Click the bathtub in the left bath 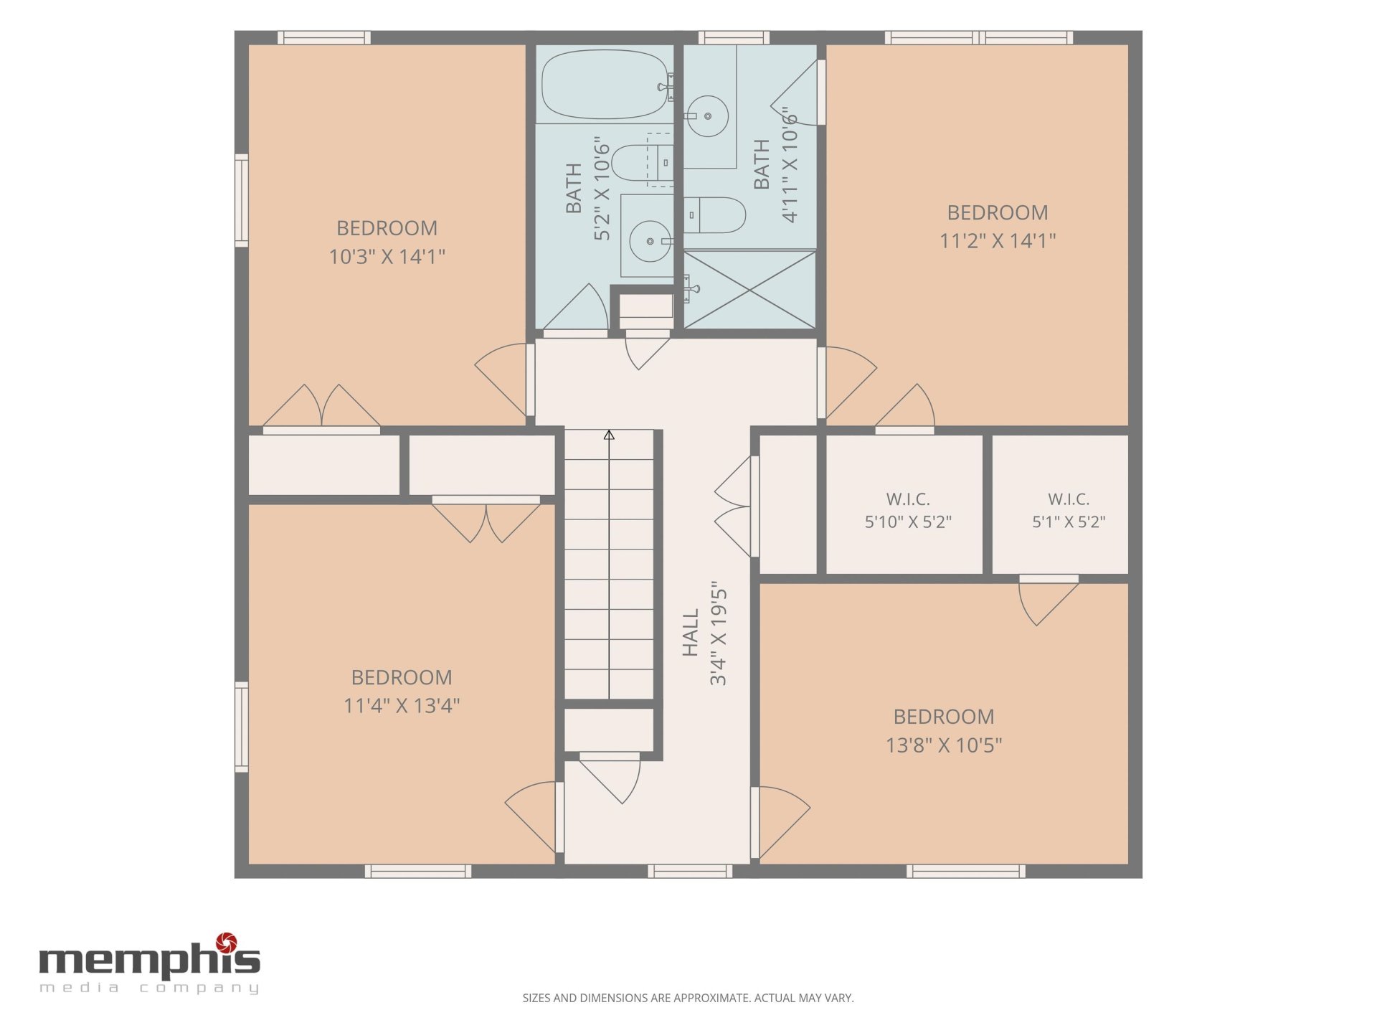605,84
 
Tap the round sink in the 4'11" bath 708,115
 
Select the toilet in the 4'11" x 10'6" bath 715,215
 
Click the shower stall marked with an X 749,290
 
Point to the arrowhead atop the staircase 609,435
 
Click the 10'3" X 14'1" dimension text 387,256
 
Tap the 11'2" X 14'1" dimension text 998,240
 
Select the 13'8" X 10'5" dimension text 944,745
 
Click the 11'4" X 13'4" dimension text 402,705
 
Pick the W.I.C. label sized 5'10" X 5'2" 908,499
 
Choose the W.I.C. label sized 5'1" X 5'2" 1069,499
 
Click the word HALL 690,633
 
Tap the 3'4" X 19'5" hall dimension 719,633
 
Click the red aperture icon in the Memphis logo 227,942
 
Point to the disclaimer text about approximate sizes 688,998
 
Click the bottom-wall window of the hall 690,871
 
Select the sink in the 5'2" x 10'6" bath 650,241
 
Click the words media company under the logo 149,988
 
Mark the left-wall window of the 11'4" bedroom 242,727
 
